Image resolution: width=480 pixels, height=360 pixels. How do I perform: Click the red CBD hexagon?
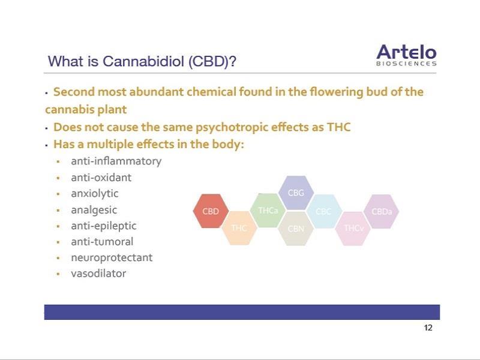click(211, 211)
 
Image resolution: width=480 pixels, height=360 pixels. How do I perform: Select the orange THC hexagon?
click(239, 228)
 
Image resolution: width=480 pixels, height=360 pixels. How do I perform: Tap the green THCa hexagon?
click(268, 211)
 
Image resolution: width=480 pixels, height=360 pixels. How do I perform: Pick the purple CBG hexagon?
click(296, 193)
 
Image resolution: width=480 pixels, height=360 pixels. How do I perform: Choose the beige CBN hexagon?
click(296, 229)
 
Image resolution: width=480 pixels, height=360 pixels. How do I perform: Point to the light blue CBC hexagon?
click(324, 211)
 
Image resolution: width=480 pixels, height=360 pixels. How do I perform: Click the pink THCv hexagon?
click(353, 229)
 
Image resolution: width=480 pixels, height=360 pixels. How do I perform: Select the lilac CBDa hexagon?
click(381, 211)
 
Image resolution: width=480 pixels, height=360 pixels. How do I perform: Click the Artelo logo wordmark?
click(406, 52)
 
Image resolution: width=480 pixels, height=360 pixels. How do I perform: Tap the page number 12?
click(428, 328)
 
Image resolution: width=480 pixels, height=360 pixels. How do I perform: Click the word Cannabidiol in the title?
click(143, 61)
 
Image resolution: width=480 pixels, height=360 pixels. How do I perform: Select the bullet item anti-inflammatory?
click(116, 161)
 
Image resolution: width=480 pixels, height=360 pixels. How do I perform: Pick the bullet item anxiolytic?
click(95, 194)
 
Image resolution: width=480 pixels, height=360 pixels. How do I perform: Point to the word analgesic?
click(94, 211)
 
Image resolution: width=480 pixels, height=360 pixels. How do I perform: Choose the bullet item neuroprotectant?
click(112, 258)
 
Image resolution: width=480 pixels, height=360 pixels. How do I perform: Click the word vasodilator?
click(98, 274)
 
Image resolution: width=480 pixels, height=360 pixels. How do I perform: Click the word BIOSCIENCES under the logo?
click(406, 64)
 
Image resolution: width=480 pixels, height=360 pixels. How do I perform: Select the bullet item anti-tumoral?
click(102, 242)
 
